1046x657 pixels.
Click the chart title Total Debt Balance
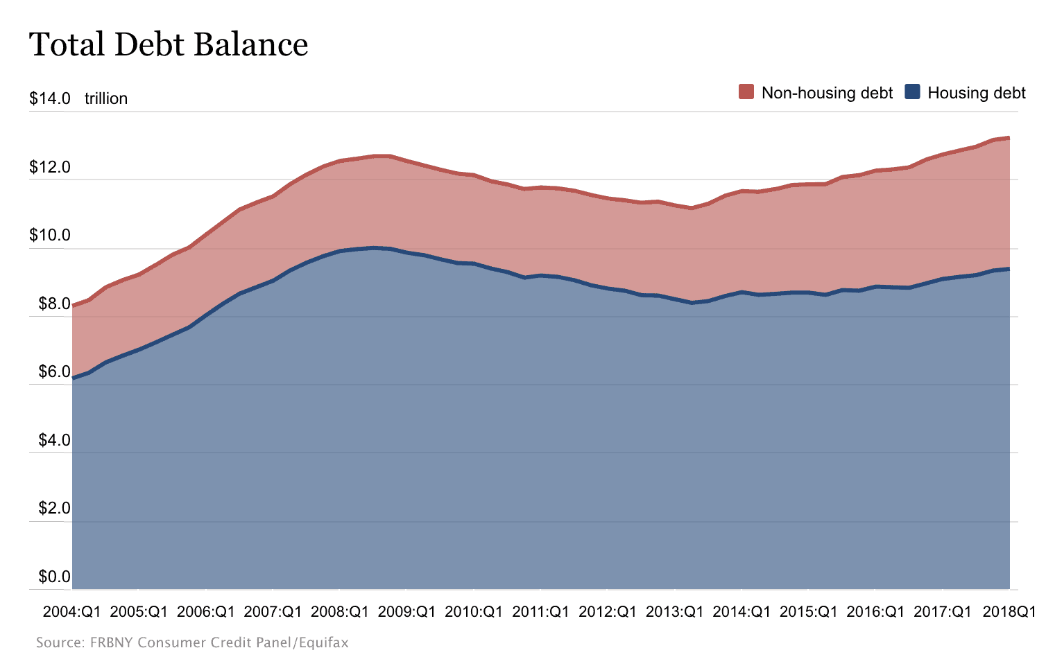point(169,45)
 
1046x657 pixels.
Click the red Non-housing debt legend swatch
point(746,92)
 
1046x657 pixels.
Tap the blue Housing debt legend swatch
point(913,92)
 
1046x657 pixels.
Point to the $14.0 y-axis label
point(50,98)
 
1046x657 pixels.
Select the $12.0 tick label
point(50,167)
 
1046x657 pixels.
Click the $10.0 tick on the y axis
point(50,235)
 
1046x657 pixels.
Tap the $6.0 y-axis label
point(54,371)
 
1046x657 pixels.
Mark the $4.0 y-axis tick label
point(54,440)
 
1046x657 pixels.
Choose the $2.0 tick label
point(54,508)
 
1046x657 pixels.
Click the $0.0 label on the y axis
point(54,577)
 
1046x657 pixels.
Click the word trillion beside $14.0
point(106,98)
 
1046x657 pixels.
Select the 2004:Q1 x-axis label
point(72,612)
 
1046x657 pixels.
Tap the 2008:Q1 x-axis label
point(340,612)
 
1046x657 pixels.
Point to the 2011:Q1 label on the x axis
point(541,612)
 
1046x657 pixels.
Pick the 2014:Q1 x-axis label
point(741,612)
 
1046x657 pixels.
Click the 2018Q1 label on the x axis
point(1009,612)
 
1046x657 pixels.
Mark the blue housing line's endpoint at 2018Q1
point(1009,269)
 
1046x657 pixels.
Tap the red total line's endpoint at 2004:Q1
point(73,306)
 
